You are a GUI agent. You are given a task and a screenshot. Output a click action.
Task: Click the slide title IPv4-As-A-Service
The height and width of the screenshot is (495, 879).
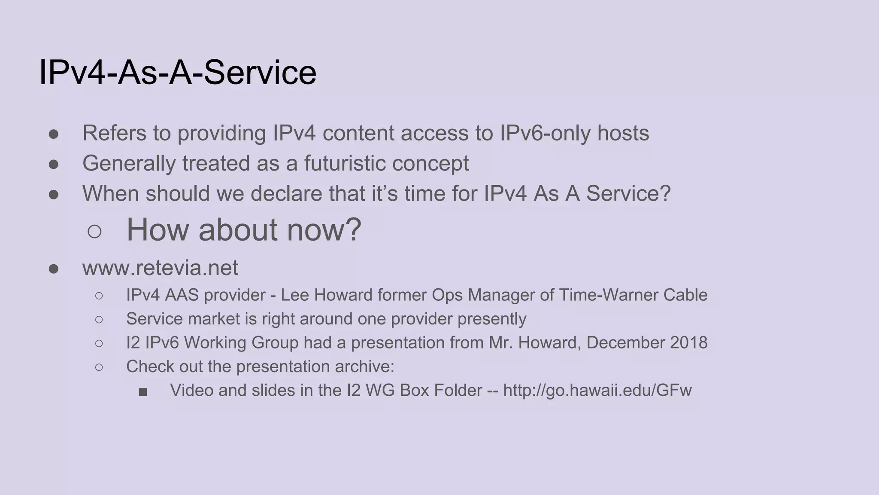[178, 73]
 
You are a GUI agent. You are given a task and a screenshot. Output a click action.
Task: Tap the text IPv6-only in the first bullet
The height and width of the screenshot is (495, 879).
[545, 133]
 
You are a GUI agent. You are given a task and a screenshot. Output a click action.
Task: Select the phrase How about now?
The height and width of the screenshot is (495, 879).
[244, 230]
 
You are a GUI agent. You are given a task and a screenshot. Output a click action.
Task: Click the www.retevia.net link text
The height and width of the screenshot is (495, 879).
[160, 268]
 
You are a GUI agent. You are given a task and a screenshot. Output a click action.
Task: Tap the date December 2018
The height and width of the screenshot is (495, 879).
[647, 343]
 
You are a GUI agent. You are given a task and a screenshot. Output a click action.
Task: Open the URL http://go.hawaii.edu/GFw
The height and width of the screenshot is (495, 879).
[597, 391]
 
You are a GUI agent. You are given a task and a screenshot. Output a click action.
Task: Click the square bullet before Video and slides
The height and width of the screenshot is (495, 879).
[143, 392]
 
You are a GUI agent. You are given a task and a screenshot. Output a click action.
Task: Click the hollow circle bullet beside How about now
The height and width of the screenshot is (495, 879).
[94, 232]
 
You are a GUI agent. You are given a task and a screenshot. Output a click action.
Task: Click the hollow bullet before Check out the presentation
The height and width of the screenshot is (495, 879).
[99, 367]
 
